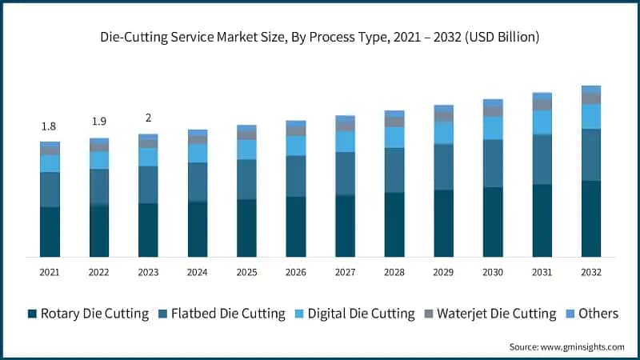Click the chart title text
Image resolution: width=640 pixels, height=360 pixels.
[x=319, y=37]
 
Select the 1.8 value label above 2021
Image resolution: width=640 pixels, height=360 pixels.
[x=50, y=126]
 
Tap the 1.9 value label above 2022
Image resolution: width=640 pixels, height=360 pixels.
[x=98, y=122]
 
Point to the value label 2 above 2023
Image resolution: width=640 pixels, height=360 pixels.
[x=148, y=118]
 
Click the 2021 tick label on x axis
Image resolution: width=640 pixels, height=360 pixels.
[x=50, y=272]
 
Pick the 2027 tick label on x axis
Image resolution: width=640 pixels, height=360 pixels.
[x=345, y=272]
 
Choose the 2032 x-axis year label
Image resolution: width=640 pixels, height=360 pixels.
[x=590, y=272]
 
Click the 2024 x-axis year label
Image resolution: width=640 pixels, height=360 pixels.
[x=197, y=272]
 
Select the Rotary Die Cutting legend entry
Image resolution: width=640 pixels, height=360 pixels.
[x=88, y=314]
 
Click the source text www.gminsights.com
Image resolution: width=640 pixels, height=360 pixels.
[x=566, y=347]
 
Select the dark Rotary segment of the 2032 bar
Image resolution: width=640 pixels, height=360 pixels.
[x=590, y=218]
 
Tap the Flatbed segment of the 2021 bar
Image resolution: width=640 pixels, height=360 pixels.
[x=50, y=190]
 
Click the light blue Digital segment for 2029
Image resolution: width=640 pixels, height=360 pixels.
[x=443, y=133]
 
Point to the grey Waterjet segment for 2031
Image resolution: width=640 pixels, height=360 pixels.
[x=542, y=104]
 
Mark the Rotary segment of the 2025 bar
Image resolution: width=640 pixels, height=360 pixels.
[x=246, y=228]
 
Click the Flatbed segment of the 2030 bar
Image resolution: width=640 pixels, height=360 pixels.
[x=493, y=163]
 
